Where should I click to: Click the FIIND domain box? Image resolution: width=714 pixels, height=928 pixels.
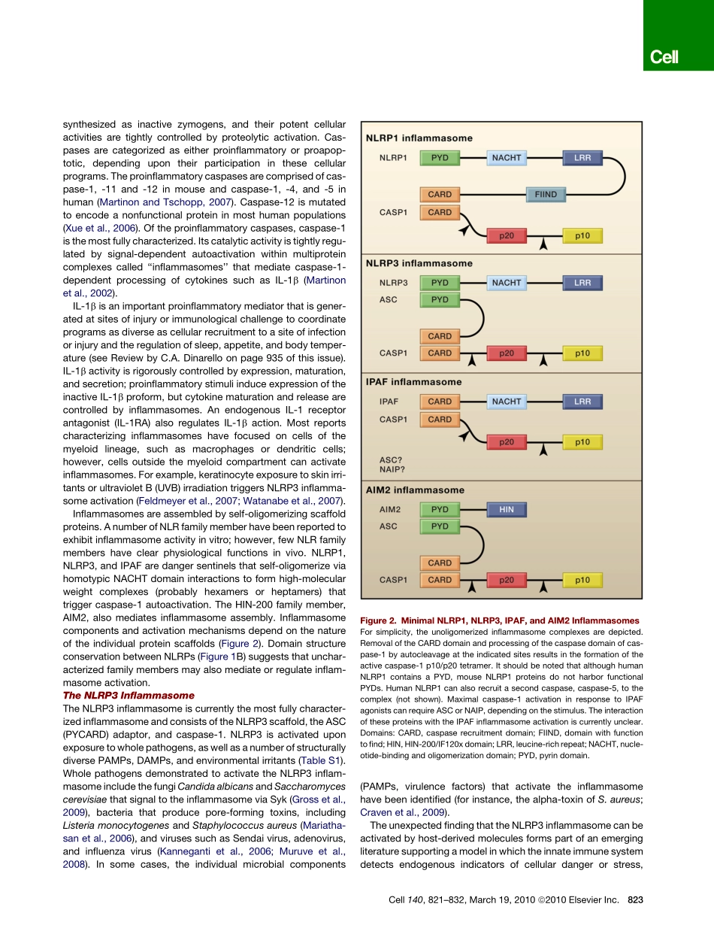click(545, 195)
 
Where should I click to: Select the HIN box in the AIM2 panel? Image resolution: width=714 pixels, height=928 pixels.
click(507, 510)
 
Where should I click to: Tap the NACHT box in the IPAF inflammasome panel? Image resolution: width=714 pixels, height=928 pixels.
click(507, 402)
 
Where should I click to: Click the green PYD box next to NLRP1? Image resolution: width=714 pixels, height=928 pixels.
click(440, 159)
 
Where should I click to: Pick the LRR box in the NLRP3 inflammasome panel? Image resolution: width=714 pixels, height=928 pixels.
click(582, 283)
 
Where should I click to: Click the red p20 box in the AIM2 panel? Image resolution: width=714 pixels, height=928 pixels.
click(507, 580)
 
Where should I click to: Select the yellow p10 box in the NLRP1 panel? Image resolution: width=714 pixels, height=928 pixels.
click(582, 236)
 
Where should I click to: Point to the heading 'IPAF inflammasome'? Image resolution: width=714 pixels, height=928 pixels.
click(413, 382)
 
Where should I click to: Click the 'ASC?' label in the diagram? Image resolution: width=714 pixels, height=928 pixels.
click(390, 458)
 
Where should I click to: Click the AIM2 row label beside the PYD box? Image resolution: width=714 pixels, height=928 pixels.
click(390, 510)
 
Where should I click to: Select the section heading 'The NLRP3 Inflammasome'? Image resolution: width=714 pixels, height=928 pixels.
click(129, 696)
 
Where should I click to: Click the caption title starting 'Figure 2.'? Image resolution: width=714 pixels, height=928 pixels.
click(500, 620)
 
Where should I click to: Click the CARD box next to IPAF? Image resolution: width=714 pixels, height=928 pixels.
click(440, 402)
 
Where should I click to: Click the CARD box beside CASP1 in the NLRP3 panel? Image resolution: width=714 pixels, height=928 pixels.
click(440, 353)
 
